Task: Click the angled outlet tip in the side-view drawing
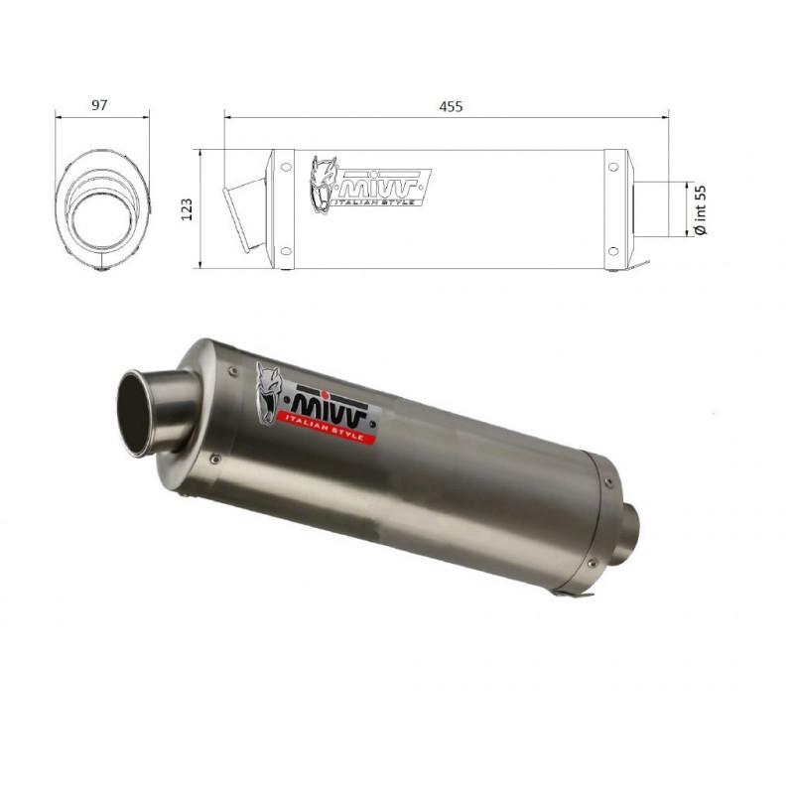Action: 245,209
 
